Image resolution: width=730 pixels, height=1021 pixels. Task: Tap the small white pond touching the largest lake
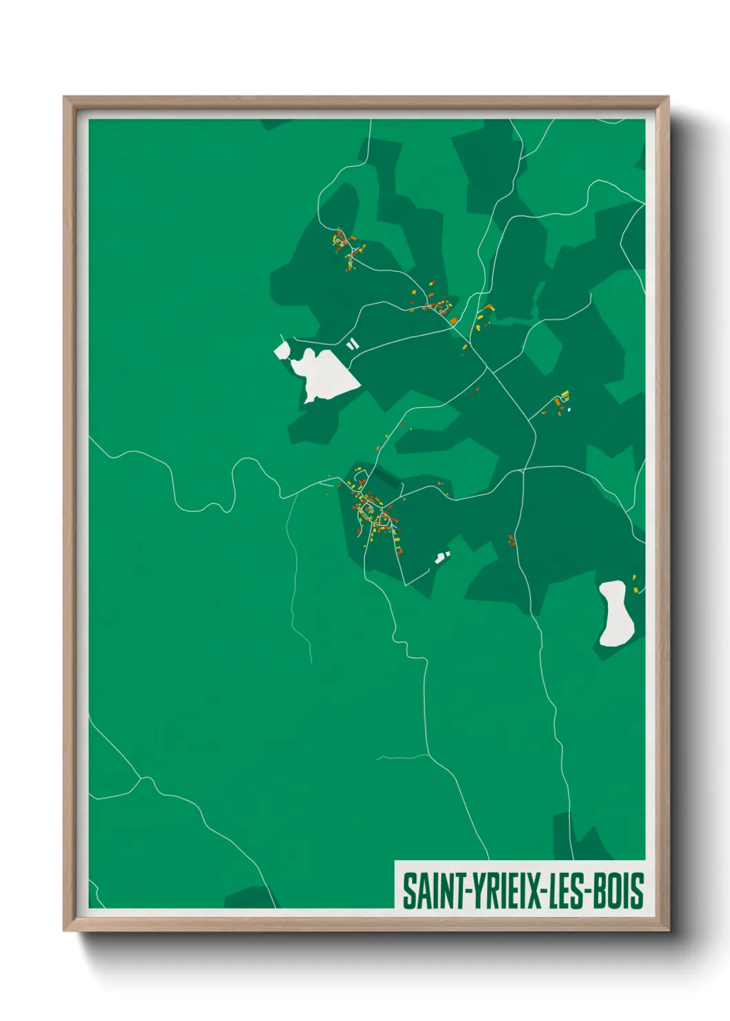click(x=282, y=350)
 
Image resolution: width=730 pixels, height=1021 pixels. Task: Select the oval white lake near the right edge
click(x=615, y=614)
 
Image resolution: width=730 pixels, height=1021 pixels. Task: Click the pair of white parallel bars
click(x=353, y=343)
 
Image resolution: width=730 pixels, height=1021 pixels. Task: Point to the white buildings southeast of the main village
click(x=442, y=557)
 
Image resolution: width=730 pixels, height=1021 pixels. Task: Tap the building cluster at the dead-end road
click(x=561, y=402)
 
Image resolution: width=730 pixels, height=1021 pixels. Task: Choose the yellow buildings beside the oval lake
click(x=635, y=584)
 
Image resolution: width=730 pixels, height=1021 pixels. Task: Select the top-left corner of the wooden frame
click(x=65, y=97)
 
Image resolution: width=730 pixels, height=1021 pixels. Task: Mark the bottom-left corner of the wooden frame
click(x=65, y=931)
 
